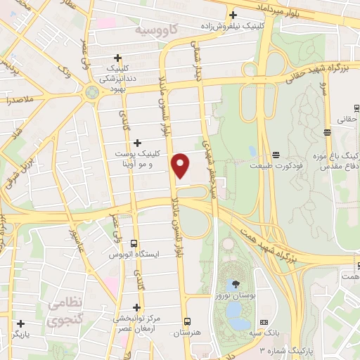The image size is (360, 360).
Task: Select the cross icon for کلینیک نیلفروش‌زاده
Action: point(232,15)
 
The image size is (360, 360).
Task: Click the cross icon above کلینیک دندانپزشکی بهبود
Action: point(118,58)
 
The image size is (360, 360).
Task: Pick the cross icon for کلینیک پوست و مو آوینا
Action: point(137,143)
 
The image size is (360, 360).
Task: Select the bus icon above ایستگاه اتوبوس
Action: point(133,243)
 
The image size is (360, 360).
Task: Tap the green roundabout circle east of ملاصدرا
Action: point(92,92)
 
